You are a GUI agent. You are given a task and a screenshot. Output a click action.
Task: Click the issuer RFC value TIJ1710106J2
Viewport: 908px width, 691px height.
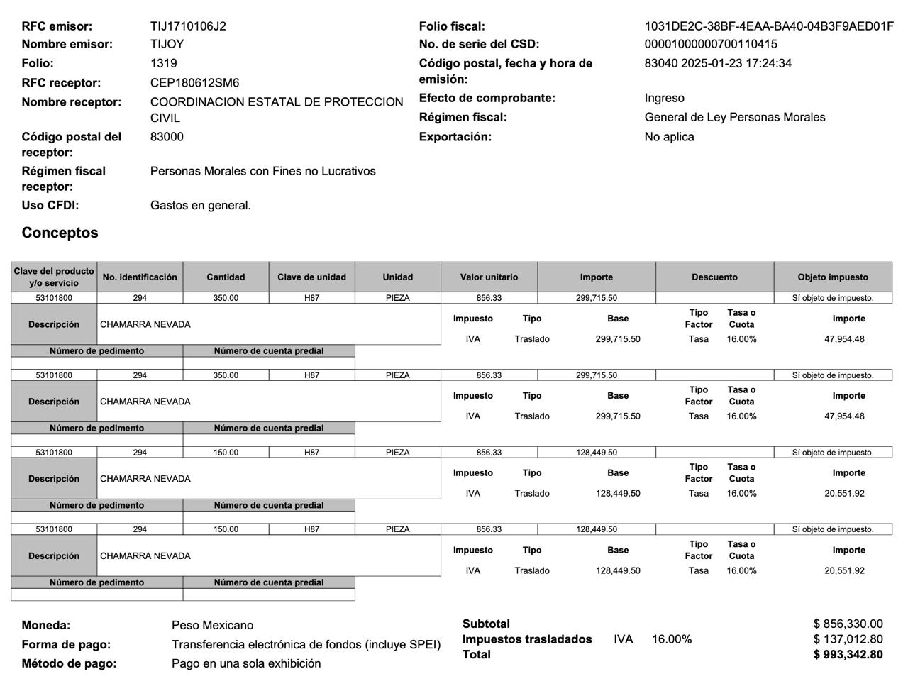188,26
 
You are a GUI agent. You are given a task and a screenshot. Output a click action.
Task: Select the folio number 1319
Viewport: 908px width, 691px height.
163,63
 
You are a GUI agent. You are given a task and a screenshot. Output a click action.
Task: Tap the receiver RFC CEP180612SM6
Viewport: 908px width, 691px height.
194,83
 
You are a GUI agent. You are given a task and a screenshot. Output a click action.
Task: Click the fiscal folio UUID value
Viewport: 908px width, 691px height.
768,26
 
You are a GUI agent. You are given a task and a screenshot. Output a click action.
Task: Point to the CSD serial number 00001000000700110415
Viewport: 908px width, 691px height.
711,44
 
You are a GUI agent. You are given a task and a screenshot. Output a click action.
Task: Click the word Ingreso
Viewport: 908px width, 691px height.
664,98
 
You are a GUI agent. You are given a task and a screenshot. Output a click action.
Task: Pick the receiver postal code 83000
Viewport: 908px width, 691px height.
167,137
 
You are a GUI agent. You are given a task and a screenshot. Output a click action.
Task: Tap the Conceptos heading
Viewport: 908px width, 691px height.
60,233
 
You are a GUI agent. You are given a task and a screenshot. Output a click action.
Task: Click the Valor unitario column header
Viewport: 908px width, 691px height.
489,277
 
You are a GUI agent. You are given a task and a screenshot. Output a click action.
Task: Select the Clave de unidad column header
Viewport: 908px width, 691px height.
311,277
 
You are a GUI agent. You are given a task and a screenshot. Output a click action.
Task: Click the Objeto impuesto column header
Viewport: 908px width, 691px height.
832,277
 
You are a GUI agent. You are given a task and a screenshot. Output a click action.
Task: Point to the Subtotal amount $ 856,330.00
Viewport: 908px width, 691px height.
848,624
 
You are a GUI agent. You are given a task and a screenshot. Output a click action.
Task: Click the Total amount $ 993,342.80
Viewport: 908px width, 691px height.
848,654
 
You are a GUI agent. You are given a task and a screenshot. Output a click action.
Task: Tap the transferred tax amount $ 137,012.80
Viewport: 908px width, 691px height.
848,639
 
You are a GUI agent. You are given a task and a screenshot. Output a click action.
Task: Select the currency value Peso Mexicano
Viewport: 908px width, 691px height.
212,625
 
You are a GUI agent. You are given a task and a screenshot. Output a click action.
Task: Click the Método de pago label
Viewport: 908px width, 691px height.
69,663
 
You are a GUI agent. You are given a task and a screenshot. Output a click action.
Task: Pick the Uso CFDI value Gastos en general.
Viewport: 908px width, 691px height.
200,206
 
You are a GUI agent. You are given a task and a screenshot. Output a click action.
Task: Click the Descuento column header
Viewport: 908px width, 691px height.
714,277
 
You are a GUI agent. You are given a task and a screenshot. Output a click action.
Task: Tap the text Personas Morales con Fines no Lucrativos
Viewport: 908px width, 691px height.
262,171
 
